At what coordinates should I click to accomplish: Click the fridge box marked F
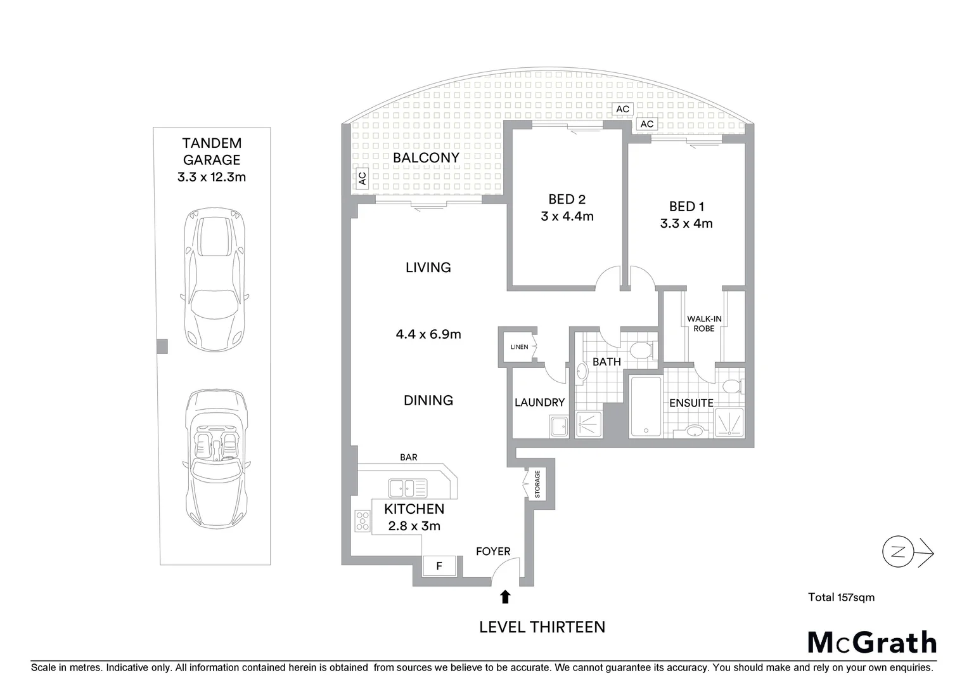coord(439,566)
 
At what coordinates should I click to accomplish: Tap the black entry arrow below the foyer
coord(505,597)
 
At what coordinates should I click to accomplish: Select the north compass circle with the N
coord(898,551)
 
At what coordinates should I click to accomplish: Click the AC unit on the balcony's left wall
coord(362,178)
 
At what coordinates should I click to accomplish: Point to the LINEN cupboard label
coord(520,347)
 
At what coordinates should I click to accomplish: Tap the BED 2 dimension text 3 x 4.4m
coord(567,216)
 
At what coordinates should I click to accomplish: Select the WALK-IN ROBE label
coord(704,323)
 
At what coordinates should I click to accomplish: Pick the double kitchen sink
coord(407,488)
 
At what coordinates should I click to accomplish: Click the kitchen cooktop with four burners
coord(363,521)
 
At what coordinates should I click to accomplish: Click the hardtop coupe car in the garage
coord(215,280)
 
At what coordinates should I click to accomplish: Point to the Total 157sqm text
coord(841,597)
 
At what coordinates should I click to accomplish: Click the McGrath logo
coord(871,643)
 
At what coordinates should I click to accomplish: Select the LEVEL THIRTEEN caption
coord(542,627)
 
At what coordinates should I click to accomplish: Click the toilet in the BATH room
coord(641,350)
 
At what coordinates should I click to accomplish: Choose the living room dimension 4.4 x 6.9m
coord(428,334)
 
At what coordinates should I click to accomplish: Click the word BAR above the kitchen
coord(409,457)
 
